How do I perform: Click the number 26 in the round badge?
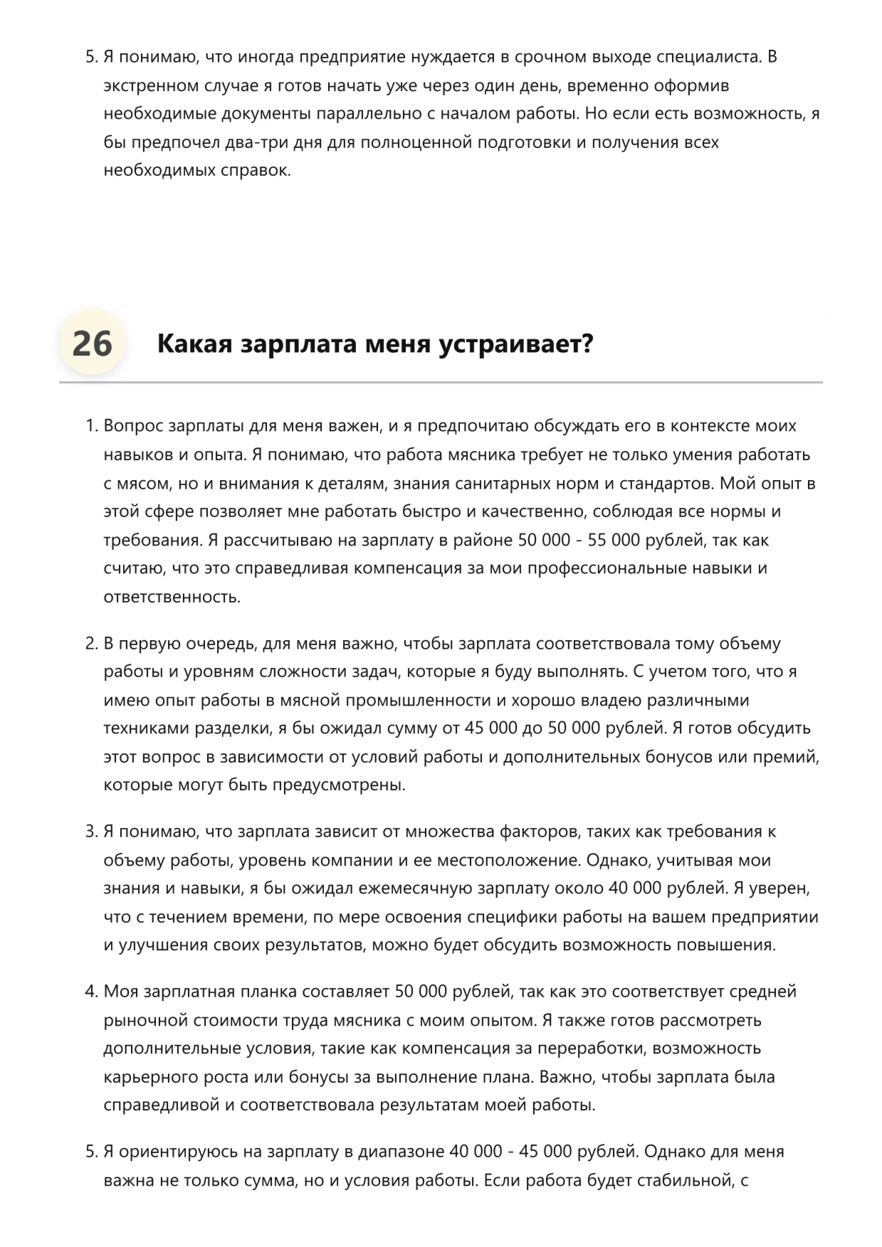point(93,344)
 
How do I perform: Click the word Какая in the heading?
point(194,344)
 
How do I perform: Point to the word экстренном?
point(151,86)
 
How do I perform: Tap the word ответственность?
point(172,597)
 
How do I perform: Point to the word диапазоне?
point(401,1152)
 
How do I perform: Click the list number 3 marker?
point(91,832)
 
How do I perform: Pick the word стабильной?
point(683,1181)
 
